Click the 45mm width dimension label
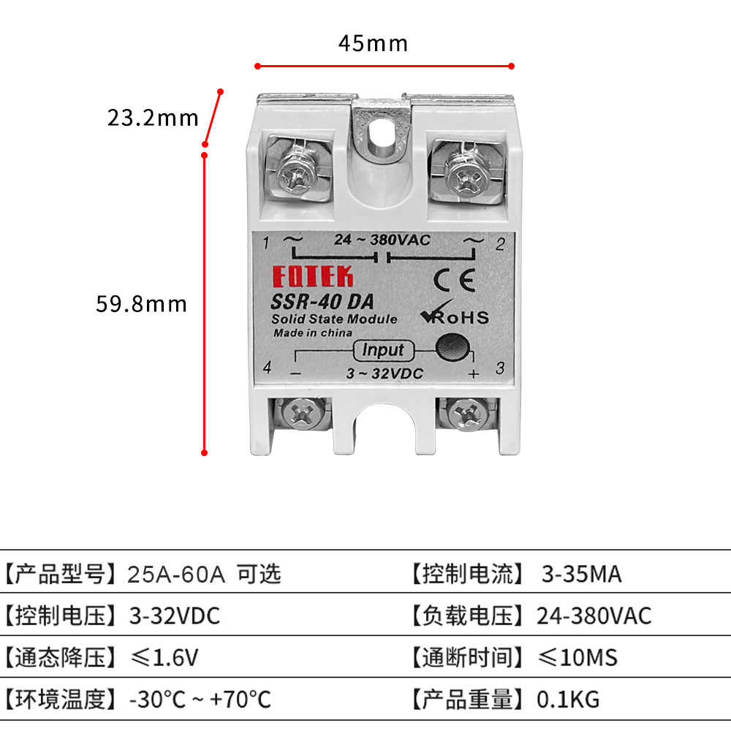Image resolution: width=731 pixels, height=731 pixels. tap(373, 44)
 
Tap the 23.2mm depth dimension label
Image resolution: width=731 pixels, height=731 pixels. tap(153, 117)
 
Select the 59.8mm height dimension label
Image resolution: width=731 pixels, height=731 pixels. tap(141, 303)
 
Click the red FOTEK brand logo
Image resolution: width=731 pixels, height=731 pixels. tap(313, 277)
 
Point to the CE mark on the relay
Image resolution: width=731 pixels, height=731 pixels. tap(454, 280)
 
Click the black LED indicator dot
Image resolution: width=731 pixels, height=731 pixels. tap(451, 349)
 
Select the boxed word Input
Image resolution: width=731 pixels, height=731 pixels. tap(382, 350)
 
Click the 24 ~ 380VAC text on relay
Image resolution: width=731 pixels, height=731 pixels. tap(382, 240)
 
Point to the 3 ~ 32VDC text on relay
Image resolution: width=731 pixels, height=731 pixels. tap(385, 374)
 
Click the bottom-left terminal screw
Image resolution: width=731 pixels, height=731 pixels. tap(302, 414)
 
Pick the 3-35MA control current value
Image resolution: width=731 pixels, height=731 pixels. tap(581, 575)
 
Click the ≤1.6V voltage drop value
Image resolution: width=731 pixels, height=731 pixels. tap(164, 658)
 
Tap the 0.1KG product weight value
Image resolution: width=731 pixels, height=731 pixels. tap(568, 700)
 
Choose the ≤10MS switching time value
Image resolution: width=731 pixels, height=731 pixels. tap(577, 658)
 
